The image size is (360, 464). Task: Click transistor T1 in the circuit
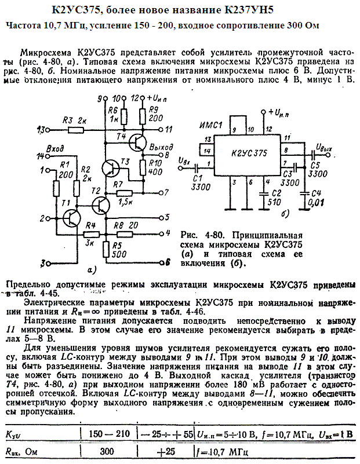73,218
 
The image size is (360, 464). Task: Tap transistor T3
110,168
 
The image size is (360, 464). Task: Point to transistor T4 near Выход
137,143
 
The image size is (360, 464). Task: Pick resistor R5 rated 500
106,249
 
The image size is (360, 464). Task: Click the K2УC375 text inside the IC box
248,153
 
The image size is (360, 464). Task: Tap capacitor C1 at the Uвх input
197,166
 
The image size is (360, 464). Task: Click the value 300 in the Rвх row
107,451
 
